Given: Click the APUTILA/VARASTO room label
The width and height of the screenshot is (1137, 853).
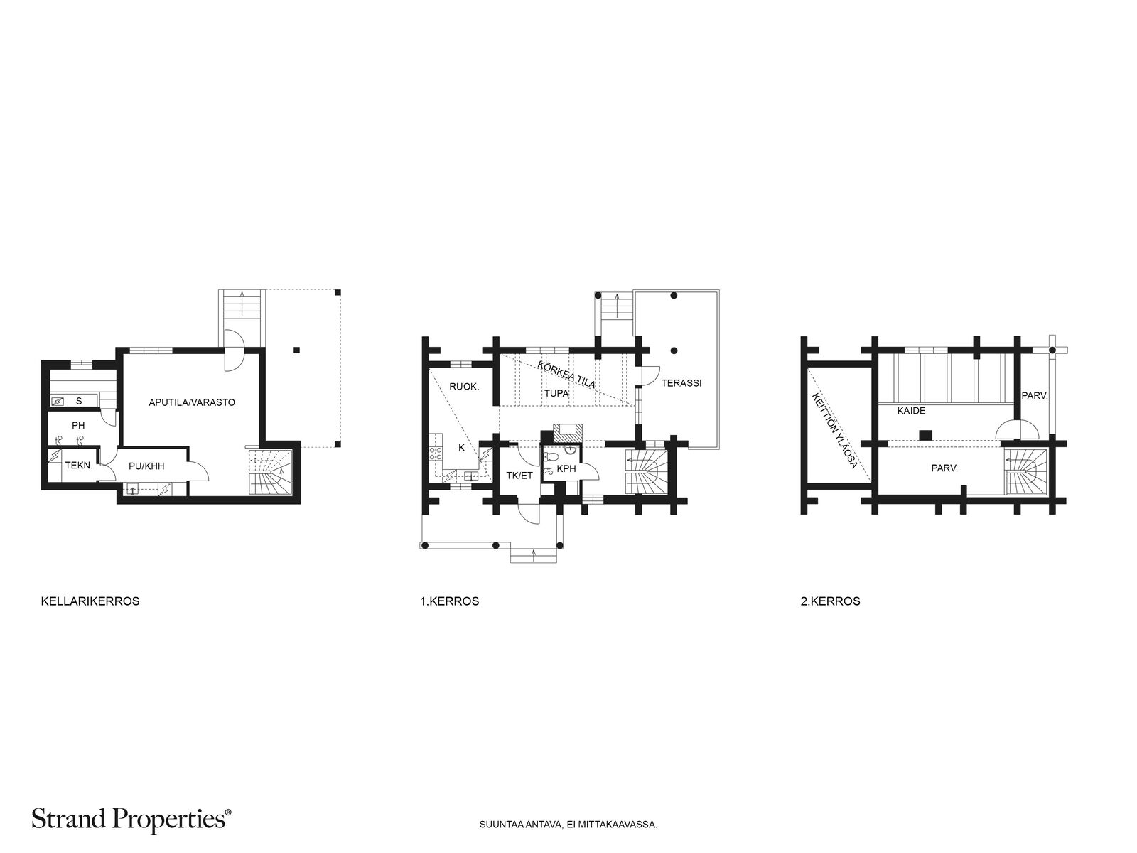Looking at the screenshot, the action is (x=192, y=402).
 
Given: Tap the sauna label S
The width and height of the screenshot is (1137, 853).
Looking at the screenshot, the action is (x=79, y=401).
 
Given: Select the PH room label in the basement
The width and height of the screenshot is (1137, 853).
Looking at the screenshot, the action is (x=78, y=426).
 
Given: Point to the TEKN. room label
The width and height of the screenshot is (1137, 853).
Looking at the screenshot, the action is (x=79, y=466).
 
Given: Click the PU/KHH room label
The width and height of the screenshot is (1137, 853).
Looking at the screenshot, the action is (x=146, y=466).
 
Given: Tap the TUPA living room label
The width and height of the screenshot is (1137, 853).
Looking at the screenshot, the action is (x=556, y=393).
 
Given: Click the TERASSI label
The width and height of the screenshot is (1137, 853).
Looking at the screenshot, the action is (x=681, y=383).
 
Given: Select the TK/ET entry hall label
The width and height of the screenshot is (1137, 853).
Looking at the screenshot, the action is (x=519, y=476).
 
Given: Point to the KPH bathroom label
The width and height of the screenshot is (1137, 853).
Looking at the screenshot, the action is (x=566, y=468).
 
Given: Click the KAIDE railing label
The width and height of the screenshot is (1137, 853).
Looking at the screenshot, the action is (x=911, y=411).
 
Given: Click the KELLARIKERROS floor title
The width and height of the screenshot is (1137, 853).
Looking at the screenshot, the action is (x=90, y=601).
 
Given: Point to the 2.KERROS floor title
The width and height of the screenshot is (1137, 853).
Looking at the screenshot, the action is (x=830, y=601).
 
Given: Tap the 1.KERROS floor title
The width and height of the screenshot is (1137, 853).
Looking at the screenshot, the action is (x=450, y=601).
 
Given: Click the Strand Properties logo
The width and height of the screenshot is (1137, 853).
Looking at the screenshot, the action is (x=131, y=820).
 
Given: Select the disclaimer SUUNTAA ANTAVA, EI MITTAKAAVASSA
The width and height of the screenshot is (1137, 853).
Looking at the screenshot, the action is (x=568, y=824).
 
